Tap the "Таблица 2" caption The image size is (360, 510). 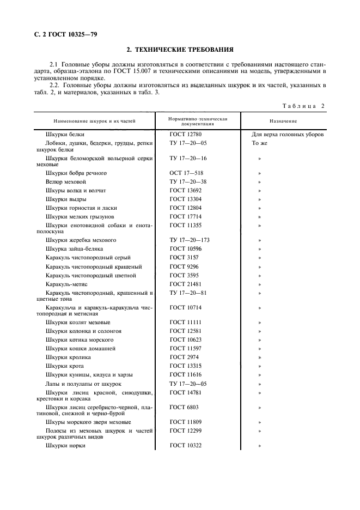[303, 106]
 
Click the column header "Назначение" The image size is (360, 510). [283, 121]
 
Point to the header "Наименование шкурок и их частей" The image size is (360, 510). [94, 121]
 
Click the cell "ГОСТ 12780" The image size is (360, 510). [185, 134]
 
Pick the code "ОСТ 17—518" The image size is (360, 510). [186, 173]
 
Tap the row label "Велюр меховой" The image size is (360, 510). [66, 181]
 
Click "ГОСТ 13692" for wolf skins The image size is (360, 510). [185, 190]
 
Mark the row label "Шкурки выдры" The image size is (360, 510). [66, 199]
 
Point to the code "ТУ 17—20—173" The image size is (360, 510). [190, 240]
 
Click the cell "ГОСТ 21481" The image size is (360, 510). [185, 284]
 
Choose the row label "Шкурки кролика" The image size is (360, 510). [68, 357]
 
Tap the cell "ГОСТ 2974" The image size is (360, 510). [183, 357]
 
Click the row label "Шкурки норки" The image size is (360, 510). [66, 446]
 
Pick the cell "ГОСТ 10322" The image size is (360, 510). [185, 446]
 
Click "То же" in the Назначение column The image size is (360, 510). [259, 143]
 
